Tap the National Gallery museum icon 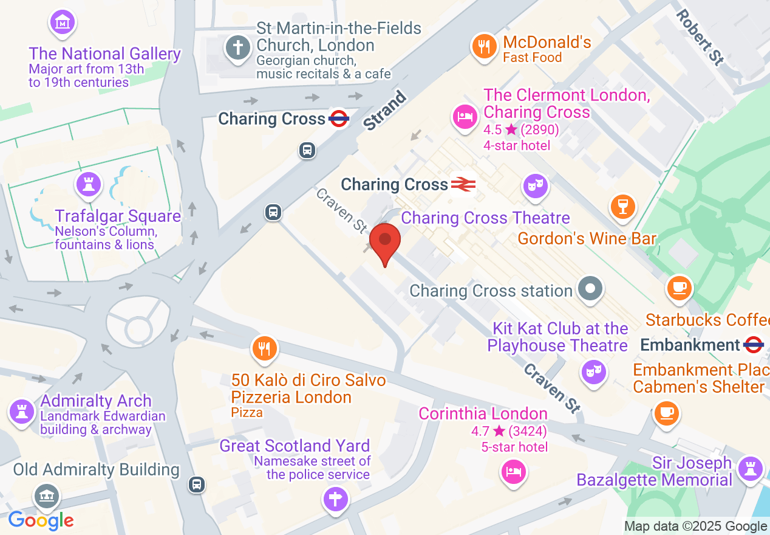[x=61, y=23]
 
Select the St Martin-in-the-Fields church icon [x=238, y=47]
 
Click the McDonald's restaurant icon [x=484, y=46]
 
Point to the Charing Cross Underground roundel [x=339, y=119]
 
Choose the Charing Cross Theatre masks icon [x=536, y=184]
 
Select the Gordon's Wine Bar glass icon [x=622, y=205]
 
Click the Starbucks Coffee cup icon [x=680, y=286]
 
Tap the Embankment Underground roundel [x=753, y=345]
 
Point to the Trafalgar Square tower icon [x=89, y=184]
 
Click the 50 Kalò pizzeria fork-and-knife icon [x=264, y=348]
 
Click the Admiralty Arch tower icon [x=22, y=412]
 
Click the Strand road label [x=384, y=110]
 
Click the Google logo [x=41, y=521]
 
